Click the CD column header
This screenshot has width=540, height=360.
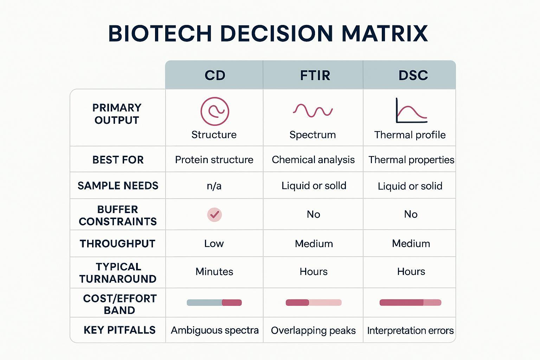(x=215, y=75)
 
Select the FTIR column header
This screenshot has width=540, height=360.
(x=315, y=75)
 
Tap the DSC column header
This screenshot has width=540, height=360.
(x=413, y=75)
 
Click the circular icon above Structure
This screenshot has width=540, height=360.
(x=214, y=111)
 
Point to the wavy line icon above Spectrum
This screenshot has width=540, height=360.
(x=313, y=110)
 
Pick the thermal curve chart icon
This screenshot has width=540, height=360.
(x=411, y=111)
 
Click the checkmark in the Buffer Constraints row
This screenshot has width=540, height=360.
(x=214, y=214)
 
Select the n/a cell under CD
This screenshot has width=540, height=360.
(x=214, y=186)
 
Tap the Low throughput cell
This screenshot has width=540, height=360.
(x=214, y=243)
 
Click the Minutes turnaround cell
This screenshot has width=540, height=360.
(x=214, y=271)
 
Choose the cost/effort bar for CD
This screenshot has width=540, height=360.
(x=214, y=302)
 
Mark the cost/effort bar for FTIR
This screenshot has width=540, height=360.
(x=313, y=302)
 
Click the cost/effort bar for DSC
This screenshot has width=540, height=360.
(x=410, y=302)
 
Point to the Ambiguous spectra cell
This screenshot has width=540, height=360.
(x=214, y=330)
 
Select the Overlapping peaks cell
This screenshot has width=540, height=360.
(x=313, y=330)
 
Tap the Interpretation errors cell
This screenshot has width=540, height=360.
(x=410, y=330)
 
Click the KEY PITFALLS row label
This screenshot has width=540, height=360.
(x=119, y=330)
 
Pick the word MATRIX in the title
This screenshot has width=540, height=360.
(x=384, y=33)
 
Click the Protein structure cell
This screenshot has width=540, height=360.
(x=214, y=160)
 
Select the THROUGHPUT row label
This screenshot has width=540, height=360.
(x=117, y=243)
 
